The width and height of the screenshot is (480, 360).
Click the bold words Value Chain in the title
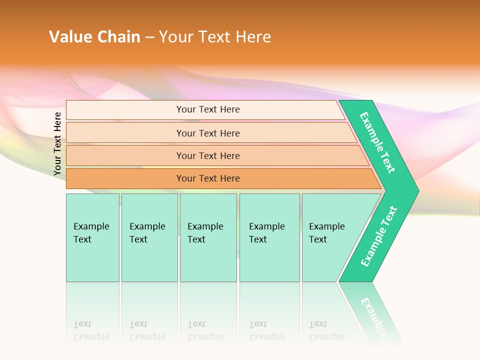pos(94,37)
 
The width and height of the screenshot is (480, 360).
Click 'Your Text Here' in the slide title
pos(215,37)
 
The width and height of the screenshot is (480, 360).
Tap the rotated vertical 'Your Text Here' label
pos(57,144)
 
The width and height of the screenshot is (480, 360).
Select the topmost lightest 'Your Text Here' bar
pos(208,109)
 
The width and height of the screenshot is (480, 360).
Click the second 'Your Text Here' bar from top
pos(208,133)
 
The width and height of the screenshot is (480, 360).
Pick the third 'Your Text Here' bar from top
pos(208,155)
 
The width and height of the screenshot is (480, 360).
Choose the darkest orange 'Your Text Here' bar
pos(208,178)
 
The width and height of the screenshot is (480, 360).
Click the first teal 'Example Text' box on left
pos(92,237)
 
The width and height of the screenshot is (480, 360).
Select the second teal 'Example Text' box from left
pos(149,237)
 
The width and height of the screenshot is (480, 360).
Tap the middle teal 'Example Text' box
pos(208,237)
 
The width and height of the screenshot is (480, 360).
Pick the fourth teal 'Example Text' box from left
pos(269,237)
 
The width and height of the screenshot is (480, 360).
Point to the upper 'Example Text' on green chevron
pos(377,142)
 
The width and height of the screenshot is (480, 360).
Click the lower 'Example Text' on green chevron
pos(379,236)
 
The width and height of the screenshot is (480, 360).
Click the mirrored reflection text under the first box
pos(91,330)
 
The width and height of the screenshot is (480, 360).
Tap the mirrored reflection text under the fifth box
pos(326,330)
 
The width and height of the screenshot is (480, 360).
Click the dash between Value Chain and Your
pos(149,37)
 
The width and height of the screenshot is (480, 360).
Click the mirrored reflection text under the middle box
pos(205,330)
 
